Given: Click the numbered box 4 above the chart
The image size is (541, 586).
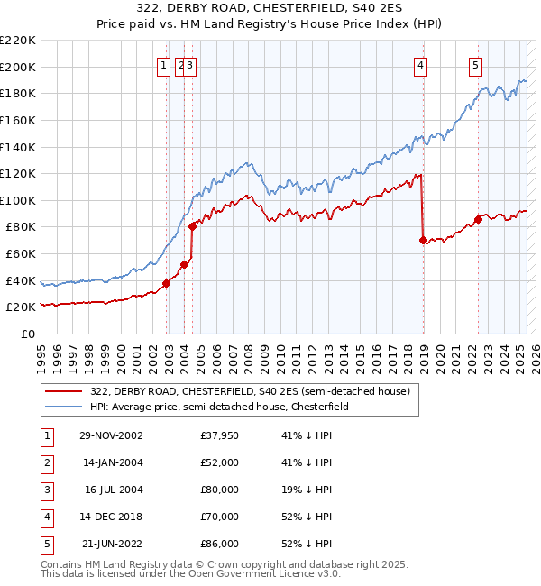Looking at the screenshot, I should point(421,64).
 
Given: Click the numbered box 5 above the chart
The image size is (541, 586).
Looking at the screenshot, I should point(475,64).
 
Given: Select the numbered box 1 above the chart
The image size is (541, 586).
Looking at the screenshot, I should point(163,64).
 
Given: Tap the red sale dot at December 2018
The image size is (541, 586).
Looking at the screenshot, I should point(423,240).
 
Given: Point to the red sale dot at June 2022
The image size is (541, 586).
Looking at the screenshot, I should point(478,219).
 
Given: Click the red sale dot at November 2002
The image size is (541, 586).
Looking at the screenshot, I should point(167,283).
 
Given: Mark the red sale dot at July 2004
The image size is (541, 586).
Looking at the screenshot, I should point(192,227).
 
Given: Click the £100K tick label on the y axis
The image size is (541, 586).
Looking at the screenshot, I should point(18,200).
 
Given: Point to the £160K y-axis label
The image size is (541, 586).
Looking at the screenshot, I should point(18,120).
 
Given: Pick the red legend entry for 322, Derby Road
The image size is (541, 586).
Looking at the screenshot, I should point(250,391).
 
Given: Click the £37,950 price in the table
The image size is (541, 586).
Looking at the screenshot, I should point(220,435).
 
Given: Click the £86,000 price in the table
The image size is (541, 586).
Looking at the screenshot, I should point(220,544).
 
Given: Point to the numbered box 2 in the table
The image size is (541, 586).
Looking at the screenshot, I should point(46,462).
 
